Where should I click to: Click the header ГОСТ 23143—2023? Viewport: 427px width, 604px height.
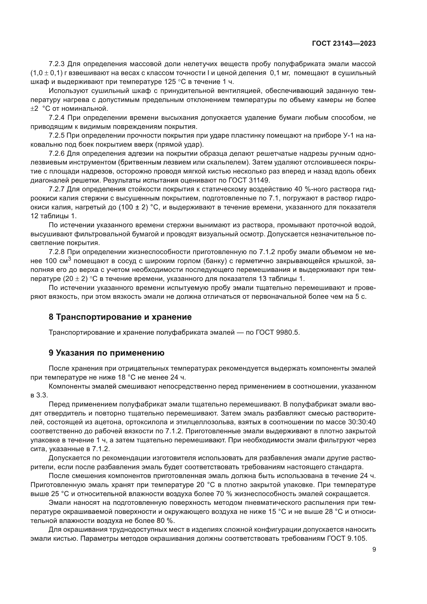pyautogui.click(x=344, y=44)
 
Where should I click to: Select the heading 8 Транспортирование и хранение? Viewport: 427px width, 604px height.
pyautogui.click(x=120, y=317)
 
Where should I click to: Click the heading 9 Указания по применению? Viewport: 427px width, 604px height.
pyautogui.click(x=106, y=353)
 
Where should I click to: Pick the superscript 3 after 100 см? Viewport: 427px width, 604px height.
pyautogui.click(x=69, y=259)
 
